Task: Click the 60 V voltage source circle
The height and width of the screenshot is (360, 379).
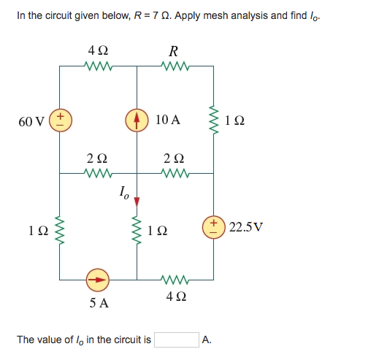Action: click(61, 120)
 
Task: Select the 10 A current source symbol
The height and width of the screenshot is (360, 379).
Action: click(137, 120)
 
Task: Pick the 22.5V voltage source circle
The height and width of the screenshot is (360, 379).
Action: click(214, 226)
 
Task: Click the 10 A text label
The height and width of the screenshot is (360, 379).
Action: click(168, 120)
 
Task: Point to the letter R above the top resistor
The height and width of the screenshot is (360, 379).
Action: click(173, 52)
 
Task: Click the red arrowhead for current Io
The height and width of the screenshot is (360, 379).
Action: click(137, 201)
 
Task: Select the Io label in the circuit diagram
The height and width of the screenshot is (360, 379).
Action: click(124, 194)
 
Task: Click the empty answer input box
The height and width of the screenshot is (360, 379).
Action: click(176, 340)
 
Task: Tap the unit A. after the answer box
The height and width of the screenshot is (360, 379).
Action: click(207, 340)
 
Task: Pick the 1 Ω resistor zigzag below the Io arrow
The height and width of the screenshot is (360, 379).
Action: click(137, 231)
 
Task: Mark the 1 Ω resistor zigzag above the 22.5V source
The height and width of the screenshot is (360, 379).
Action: click(214, 120)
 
